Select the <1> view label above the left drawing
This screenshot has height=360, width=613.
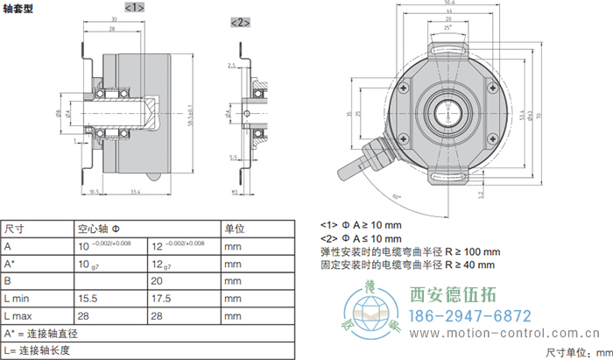[x=133, y=8]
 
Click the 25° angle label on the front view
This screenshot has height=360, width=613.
[x=448, y=29]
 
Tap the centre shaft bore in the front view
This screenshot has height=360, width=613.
[x=447, y=112]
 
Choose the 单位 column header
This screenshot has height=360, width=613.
[x=235, y=229]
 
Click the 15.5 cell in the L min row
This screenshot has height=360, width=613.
[x=88, y=299]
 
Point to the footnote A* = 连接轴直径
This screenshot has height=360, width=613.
[x=44, y=334]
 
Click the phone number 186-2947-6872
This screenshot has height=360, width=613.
[x=470, y=316]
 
